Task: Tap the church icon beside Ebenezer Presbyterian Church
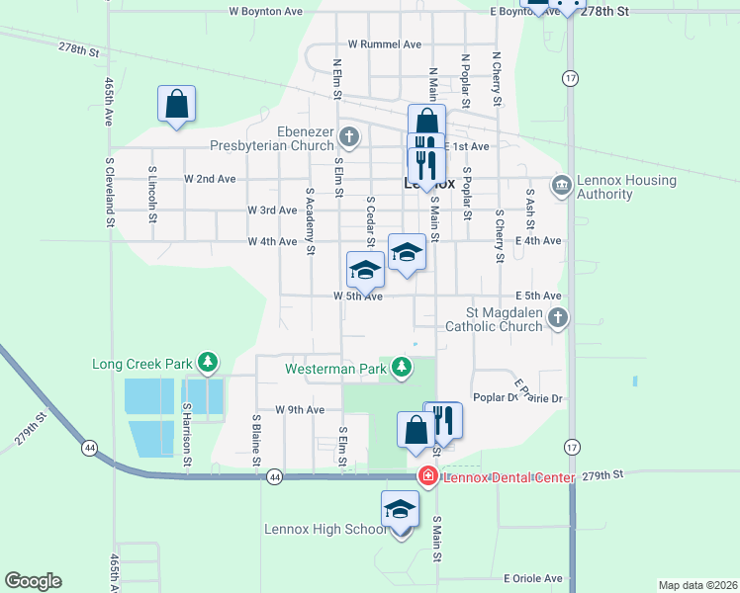(347, 135)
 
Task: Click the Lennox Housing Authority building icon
(561, 185)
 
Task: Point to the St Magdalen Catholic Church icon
(558, 317)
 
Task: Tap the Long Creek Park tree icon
(207, 364)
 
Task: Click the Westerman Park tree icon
(401, 369)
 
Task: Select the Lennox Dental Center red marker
(427, 477)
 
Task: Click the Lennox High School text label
(325, 529)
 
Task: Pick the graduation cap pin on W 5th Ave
(365, 270)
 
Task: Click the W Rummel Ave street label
(385, 44)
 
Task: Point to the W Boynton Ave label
(265, 12)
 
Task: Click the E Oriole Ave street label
(532, 578)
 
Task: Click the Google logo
(33, 581)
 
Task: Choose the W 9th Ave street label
(300, 409)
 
